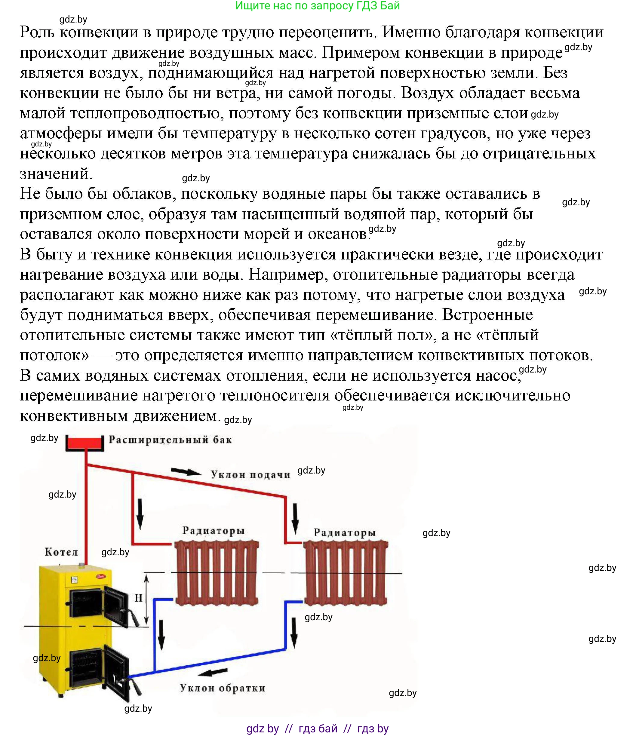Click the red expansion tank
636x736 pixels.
(x=84, y=444)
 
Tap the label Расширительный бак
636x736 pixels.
(x=170, y=440)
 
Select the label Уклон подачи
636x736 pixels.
(x=250, y=475)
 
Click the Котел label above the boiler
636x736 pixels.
(x=61, y=552)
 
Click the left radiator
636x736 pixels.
(x=216, y=573)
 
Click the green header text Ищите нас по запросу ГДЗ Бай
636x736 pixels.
(x=318, y=6)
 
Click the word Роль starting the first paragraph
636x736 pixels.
(x=37, y=32)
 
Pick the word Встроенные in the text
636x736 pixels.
(x=487, y=315)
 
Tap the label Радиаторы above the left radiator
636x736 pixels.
(x=214, y=531)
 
